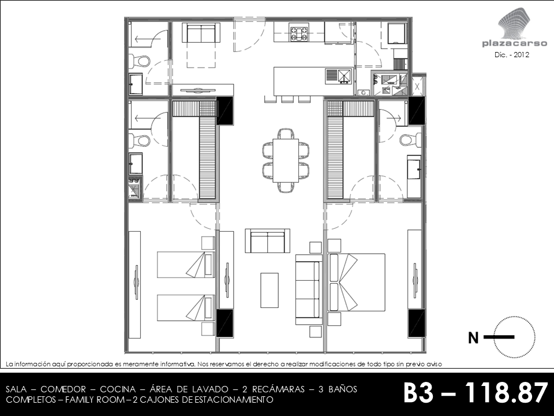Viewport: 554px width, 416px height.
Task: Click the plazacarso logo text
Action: pos(514,44)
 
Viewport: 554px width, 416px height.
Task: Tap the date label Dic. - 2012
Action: pos(512,55)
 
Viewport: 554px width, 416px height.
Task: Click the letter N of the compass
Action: pos(473,338)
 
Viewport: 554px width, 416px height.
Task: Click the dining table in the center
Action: pos(286,160)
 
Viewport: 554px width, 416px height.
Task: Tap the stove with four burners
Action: pos(299,32)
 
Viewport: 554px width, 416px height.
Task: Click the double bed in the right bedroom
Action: pos(356,283)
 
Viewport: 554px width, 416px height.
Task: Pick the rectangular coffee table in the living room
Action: pos(269,290)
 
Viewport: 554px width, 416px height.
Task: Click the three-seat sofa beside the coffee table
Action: pos(309,289)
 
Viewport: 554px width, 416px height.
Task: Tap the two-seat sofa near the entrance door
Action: pos(201,33)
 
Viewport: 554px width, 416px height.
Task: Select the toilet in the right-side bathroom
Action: pos(410,139)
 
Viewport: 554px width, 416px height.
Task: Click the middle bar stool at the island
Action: pos(287,99)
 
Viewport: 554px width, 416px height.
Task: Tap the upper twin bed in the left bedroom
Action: pos(186,265)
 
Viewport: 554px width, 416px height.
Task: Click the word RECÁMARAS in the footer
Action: pos(278,389)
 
